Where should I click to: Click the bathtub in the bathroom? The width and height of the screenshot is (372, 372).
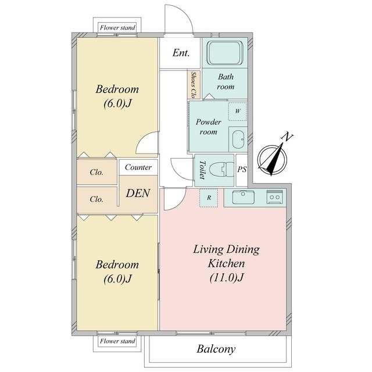(225, 53)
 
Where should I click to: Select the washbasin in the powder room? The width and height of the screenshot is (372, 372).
(238, 139)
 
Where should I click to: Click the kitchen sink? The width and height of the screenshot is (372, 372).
(243, 197)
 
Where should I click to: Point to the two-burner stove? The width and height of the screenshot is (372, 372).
(274, 196)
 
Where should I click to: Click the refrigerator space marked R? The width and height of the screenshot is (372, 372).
(209, 198)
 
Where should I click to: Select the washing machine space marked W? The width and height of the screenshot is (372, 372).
(238, 111)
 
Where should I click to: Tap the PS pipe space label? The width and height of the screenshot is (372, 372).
(242, 169)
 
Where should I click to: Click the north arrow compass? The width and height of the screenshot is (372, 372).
(272, 159)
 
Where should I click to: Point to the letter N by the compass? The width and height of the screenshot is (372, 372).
(287, 137)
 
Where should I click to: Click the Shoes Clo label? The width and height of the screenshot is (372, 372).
(194, 85)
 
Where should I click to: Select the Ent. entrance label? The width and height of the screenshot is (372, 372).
(181, 53)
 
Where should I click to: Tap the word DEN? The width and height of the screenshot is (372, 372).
(138, 193)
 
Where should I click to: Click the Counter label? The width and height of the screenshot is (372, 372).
(138, 167)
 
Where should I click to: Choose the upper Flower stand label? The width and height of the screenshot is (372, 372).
(117, 28)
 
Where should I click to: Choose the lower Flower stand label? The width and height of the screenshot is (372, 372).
(117, 341)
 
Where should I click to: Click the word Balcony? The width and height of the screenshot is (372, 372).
(216, 349)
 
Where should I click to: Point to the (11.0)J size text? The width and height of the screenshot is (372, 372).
(227, 278)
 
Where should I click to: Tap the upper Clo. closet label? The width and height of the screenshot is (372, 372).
(96, 172)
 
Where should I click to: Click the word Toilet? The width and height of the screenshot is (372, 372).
(202, 170)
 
